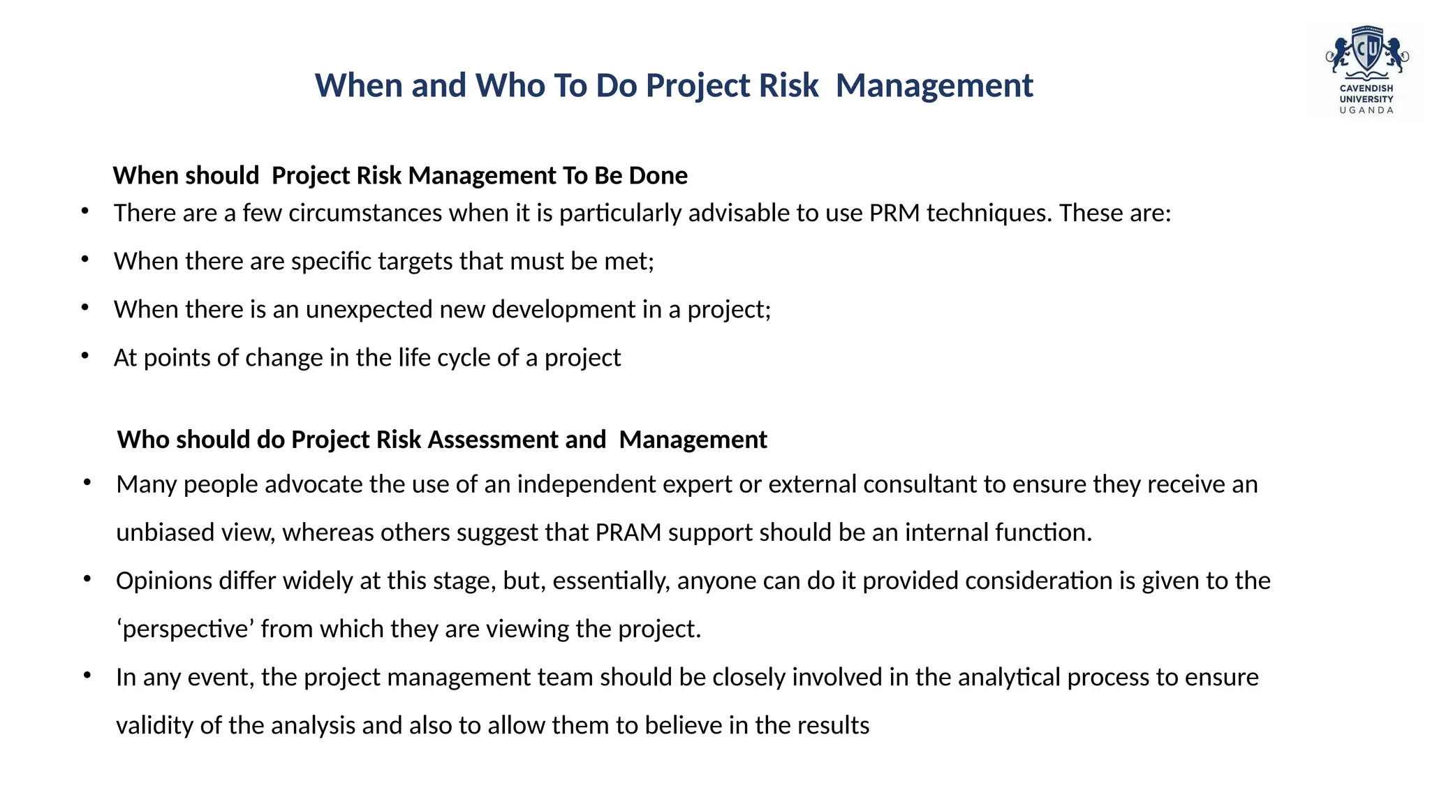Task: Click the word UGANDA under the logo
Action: (1366, 110)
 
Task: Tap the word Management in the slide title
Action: (934, 86)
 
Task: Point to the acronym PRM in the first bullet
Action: (894, 213)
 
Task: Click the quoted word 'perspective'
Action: (185, 630)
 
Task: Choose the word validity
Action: (154, 725)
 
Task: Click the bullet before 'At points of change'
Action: (85, 356)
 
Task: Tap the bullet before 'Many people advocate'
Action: (87, 482)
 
